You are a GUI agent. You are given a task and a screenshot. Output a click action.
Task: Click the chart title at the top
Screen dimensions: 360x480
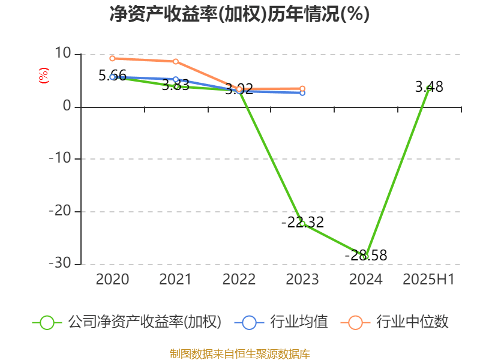pyautogui.click(x=239, y=14)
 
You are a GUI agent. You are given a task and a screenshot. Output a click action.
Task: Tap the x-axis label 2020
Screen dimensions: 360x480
pyautogui.click(x=112, y=279)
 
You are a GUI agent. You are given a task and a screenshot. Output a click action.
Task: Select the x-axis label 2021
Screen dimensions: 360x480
pyautogui.click(x=175, y=279)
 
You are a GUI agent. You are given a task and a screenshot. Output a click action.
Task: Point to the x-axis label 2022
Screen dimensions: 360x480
pyautogui.click(x=239, y=279)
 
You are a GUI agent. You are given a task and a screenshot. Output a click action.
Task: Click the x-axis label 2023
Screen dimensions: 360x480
pyautogui.click(x=302, y=279)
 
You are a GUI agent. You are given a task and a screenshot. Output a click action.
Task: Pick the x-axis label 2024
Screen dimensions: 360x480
pyautogui.click(x=365, y=279)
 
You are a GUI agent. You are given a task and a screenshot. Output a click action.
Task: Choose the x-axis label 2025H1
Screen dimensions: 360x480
pyautogui.click(x=428, y=279)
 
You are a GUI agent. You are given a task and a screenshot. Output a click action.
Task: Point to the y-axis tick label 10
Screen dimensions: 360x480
pyautogui.click(x=62, y=54)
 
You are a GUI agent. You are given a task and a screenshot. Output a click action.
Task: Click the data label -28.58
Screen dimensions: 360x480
pyautogui.click(x=366, y=256)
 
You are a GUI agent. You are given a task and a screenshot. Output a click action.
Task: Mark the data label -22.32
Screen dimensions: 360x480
pyautogui.click(x=302, y=223)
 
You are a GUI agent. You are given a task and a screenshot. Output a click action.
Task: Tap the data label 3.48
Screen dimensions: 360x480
pyautogui.click(x=429, y=87)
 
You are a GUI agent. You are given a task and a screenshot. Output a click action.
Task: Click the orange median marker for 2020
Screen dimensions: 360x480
pyautogui.click(x=112, y=58)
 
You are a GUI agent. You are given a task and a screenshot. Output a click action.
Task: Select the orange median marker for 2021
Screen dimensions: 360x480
pyautogui.click(x=175, y=61)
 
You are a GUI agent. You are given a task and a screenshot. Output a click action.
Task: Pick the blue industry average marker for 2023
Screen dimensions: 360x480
pyautogui.click(x=302, y=92)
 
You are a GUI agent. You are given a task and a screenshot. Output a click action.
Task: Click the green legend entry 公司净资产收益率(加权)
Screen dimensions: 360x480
pyautogui.click(x=127, y=322)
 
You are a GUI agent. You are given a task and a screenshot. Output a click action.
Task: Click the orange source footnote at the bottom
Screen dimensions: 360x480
pyautogui.click(x=239, y=353)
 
